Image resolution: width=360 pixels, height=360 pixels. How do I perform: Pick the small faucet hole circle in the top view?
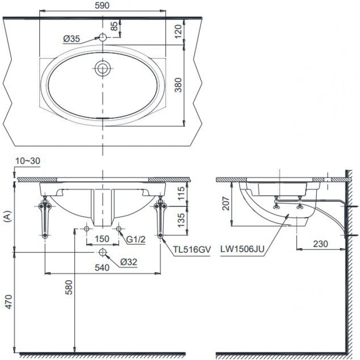(102, 37)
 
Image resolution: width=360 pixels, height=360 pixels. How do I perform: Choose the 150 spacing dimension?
(102, 238)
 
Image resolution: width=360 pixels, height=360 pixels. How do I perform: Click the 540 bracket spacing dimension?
(102, 267)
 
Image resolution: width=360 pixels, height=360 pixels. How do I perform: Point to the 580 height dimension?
(69, 290)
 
